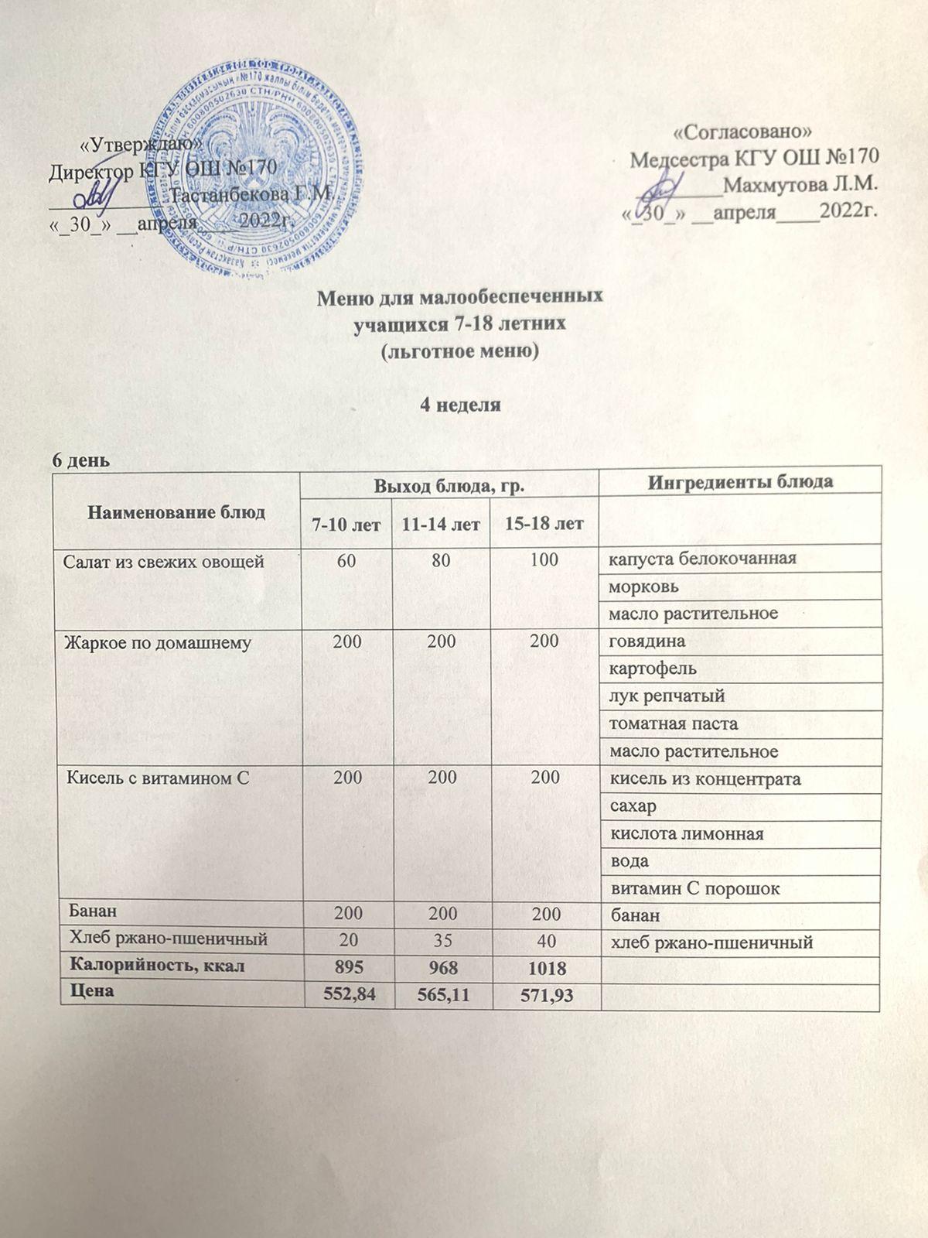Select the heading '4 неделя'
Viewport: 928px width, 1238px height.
460,405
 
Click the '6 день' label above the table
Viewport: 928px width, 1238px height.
80,460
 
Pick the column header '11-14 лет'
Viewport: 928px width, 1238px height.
442,525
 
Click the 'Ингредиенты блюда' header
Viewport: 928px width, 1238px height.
740,481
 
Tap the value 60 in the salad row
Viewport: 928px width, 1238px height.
346,560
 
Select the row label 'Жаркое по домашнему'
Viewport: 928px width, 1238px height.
157,642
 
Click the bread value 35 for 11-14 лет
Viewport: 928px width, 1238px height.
442,941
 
